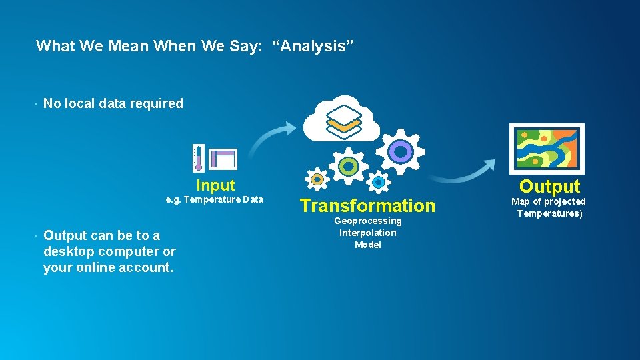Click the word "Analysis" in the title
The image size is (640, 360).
(x=313, y=46)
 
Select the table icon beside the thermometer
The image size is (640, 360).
(x=223, y=159)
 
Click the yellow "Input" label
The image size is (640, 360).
(x=215, y=185)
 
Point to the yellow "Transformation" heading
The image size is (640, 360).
(x=367, y=205)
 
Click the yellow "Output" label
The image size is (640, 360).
(x=550, y=186)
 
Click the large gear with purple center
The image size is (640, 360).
(x=400, y=152)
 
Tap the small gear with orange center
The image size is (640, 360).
(x=317, y=179)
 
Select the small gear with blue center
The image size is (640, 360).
(x=379, y=181)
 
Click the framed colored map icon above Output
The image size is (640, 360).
(x=546, y=148)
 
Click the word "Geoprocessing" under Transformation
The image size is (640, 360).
(x=368, y=221)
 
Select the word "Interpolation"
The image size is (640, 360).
(x=368, y=233)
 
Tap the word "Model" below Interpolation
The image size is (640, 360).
(x=368, y=245)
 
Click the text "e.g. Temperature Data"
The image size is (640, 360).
(x=214, y=199)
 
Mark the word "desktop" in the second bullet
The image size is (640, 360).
(x=69, y=251)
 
